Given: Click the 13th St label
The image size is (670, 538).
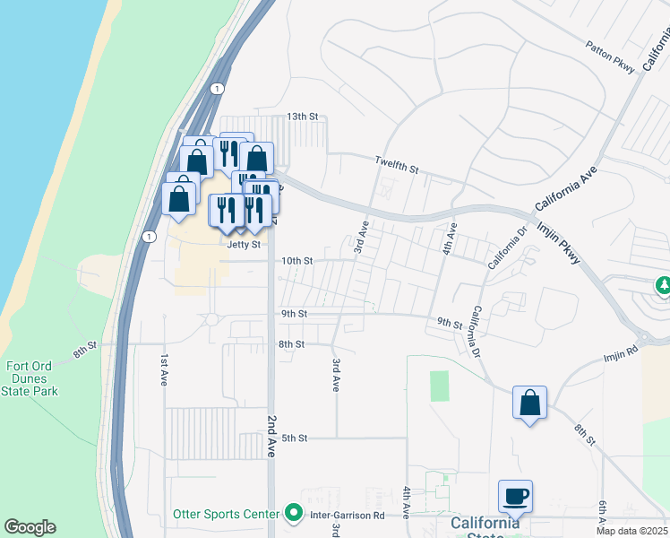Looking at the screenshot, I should [x=302, y=117].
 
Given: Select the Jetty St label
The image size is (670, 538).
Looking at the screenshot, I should [x=244, y=244].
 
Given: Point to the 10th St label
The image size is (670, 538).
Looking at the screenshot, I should [x=296, y=261].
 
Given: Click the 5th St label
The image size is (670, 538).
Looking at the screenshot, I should [x=295, y=438].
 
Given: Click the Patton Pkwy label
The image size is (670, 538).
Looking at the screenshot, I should [x=610, y=56].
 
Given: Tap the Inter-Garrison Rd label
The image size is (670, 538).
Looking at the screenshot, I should [x=347, y=516].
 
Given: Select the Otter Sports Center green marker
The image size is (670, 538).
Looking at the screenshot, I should [x=294, y=515].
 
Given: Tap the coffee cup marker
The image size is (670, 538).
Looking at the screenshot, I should [x=516, y=495].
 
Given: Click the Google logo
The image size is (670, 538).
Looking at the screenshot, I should [x=30, y=527].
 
